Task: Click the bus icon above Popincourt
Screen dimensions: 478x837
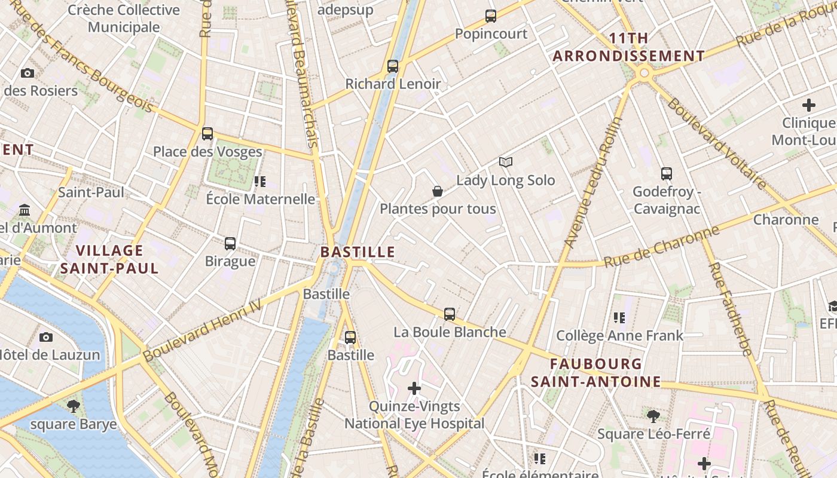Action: point(491,16)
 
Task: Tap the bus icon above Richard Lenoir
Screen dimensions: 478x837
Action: point(393,66)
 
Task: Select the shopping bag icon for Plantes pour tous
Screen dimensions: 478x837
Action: point(438,191)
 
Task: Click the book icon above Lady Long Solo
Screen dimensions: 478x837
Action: point(506,162)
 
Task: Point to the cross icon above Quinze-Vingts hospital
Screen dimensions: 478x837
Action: point(414,388)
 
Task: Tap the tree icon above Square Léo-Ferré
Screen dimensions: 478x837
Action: point(653,416)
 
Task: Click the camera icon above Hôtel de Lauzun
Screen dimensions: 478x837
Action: point(46,337)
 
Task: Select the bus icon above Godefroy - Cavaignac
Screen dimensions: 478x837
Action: point(667,174)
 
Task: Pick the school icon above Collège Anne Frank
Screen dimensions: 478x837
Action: point(619,318)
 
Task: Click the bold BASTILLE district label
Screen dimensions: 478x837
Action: point(358,252)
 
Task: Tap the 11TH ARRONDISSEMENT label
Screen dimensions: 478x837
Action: point(629,47)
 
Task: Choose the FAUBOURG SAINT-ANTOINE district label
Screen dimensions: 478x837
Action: point(596,372)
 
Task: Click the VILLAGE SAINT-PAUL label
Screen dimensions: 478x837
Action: point(109,259)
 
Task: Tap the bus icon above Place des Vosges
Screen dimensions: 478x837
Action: point(207,134)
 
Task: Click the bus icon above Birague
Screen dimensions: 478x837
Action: point(230,244)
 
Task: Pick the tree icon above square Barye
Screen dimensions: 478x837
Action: point(74,407)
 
